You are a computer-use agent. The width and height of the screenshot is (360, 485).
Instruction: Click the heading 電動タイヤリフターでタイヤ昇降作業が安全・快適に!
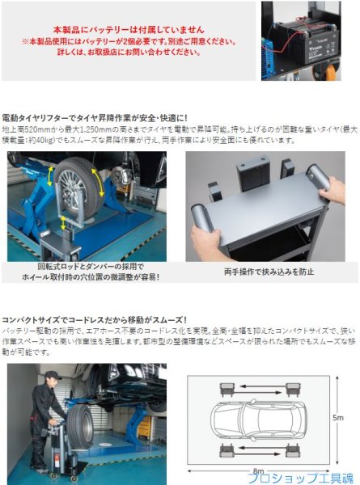pos(95,118)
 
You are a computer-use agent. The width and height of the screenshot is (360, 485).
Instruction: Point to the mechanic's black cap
pos(51,375)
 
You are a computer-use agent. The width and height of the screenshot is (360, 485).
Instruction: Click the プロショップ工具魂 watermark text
pos(303,477)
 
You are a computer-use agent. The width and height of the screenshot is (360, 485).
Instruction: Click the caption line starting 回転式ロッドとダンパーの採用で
pos(91,267)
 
